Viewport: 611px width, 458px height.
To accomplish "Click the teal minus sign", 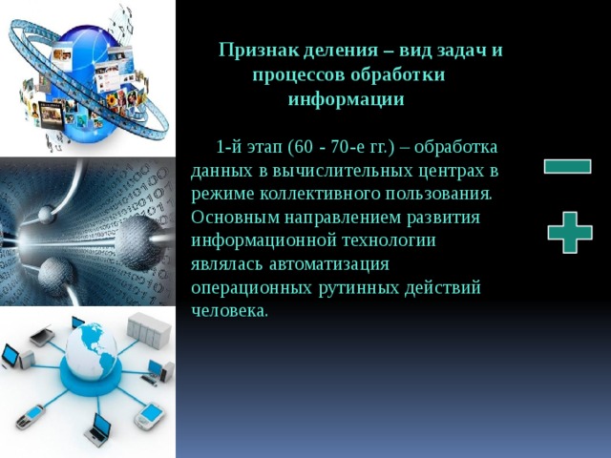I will click(x=567, y=166).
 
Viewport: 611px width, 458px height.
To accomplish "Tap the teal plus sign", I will click(x=569, y=232).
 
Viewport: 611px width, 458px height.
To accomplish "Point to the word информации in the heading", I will click(x=346, y=98).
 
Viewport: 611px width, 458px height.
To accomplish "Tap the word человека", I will click(x=229, y=310).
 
